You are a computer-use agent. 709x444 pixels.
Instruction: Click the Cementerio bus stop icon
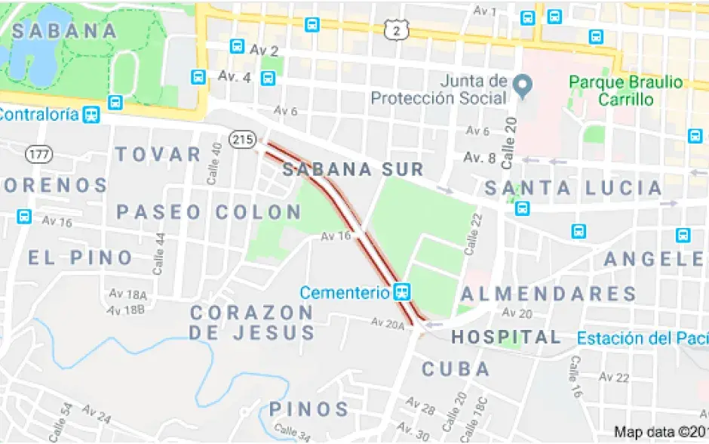coord(403,291)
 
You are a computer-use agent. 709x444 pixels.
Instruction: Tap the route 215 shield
coord(243,139)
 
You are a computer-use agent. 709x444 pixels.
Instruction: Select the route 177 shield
coord(38,154)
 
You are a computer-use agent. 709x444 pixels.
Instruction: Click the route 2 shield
coord(397,29)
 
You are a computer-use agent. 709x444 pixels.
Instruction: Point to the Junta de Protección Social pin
coord(520,85)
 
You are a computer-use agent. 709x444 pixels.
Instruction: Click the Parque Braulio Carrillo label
coord(625,91)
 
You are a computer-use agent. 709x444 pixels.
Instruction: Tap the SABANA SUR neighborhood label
coord(353,169)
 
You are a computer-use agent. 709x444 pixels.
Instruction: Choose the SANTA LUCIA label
coord(573,187)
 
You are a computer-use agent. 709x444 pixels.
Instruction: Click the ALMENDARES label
coord(548,294)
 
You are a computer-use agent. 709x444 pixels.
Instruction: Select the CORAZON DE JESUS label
coord(252,322)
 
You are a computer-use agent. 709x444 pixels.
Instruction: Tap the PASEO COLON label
coord(209,212)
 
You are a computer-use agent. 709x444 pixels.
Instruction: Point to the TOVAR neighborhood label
coord(158,155)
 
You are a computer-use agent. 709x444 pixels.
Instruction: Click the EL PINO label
coord(81,257)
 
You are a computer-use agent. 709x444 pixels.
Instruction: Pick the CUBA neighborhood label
coord(456,369)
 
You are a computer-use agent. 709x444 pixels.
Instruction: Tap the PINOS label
coord(309,410)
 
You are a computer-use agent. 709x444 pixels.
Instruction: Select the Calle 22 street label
coord(472,232)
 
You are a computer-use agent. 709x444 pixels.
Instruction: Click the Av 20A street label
coord(388,323)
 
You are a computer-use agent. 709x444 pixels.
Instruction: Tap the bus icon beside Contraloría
coord(91,115)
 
